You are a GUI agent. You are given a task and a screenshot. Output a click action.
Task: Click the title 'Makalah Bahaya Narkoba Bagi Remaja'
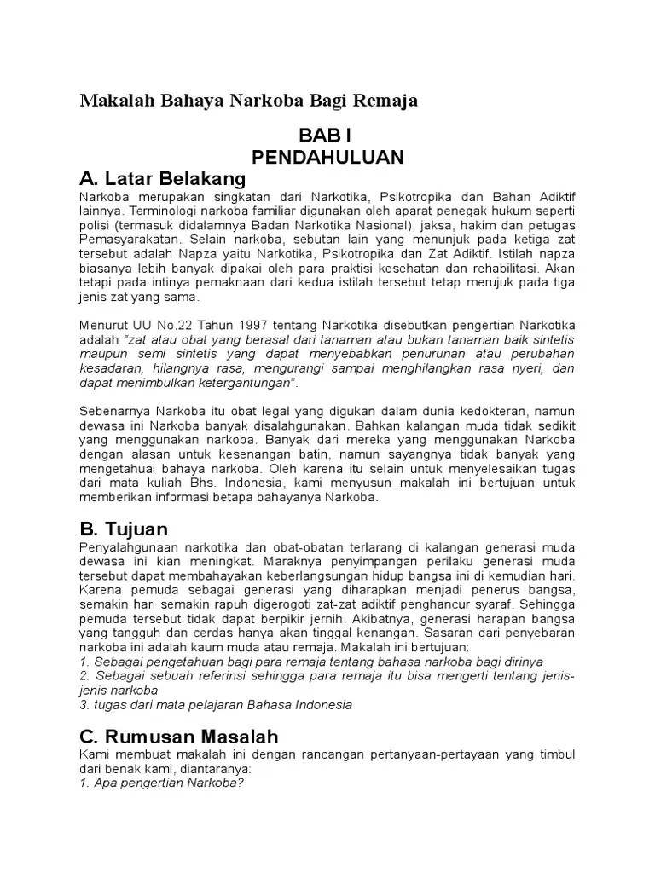point(248,101)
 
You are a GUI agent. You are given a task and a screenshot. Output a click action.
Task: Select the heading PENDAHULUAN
point(327,158)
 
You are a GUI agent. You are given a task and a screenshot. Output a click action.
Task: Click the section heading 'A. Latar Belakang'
point(162,179)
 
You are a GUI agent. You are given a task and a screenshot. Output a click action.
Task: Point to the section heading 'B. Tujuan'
point(125,529)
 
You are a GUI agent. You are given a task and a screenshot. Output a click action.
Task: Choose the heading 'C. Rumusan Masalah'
point(179,736)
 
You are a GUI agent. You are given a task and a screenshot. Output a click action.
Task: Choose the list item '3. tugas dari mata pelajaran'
point(215,705)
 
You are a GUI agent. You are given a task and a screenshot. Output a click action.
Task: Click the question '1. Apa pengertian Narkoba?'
point(162,784)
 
